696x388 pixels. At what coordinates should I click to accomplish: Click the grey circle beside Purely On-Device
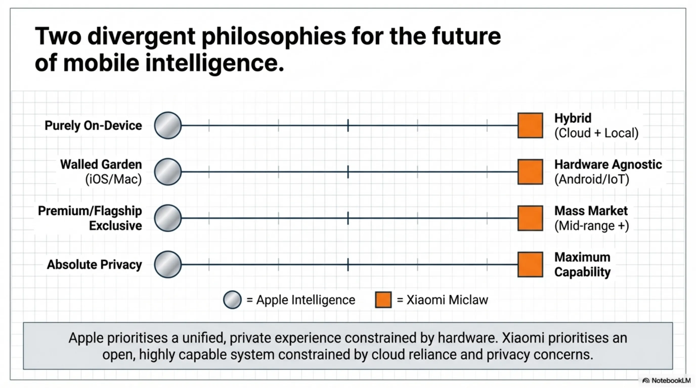click(168, 126)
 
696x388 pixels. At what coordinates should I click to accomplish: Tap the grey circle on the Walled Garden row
click(168, 172)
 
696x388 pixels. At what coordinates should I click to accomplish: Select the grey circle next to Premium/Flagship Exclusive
click(168, 218)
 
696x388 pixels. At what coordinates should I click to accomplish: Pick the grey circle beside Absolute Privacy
click(168, 264)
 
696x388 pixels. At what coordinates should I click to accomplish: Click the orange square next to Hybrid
click(530, 126)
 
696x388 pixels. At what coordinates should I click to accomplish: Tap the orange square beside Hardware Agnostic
click(530, 172)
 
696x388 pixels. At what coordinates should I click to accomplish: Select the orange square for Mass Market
click(530, 218)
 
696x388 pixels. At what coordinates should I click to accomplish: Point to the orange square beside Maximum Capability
click(530, 264)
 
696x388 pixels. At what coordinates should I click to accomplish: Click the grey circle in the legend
click(232, 300)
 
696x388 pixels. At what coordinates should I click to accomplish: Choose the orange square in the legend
click(383, 300)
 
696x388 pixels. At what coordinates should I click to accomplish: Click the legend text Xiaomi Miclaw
click(447, 300)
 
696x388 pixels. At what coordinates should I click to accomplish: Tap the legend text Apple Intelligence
click(306, 300)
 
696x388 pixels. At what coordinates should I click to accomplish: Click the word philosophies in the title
click(274, 37)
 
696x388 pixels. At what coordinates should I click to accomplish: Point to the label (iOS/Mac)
click(114, 179)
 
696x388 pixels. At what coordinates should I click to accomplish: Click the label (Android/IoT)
click(592, 179)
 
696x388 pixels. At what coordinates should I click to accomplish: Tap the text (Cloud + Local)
click(596, 133)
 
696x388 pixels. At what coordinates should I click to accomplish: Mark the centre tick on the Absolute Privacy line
click(348, 264)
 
